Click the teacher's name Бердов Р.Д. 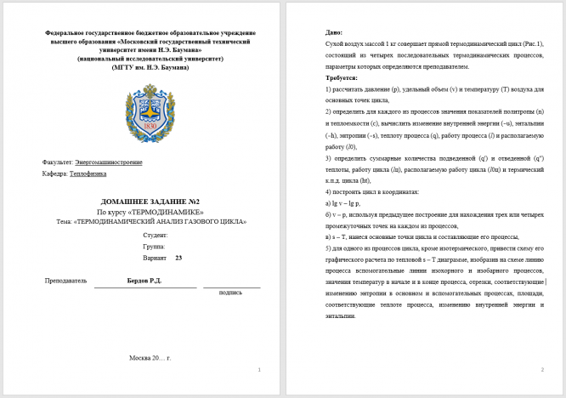143,280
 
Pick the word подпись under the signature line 230,292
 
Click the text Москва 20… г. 150,357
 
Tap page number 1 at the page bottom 258,369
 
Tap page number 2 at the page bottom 541,369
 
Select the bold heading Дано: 334,31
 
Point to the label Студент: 156,234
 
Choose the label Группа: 154,246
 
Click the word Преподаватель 65,280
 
